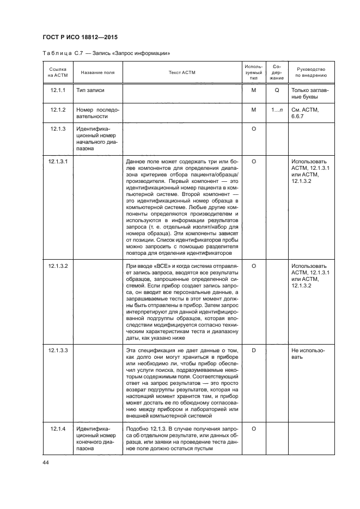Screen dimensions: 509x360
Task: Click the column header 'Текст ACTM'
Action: coord(182,72)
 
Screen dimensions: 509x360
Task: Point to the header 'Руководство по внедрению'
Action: coord(312,72)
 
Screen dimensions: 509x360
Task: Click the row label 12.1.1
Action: coord(58,90)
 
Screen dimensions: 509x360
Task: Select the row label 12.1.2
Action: coord(58,109)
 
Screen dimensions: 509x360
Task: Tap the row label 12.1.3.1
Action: coord(58,162)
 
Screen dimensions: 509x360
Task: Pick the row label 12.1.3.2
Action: coord(58,265)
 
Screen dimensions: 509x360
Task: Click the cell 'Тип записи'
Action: coord(90,90)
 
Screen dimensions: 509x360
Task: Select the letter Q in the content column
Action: coord(277,90)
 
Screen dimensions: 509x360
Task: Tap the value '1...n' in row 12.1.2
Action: coord(277,109)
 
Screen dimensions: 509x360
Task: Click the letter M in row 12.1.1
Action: coord(253,90)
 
